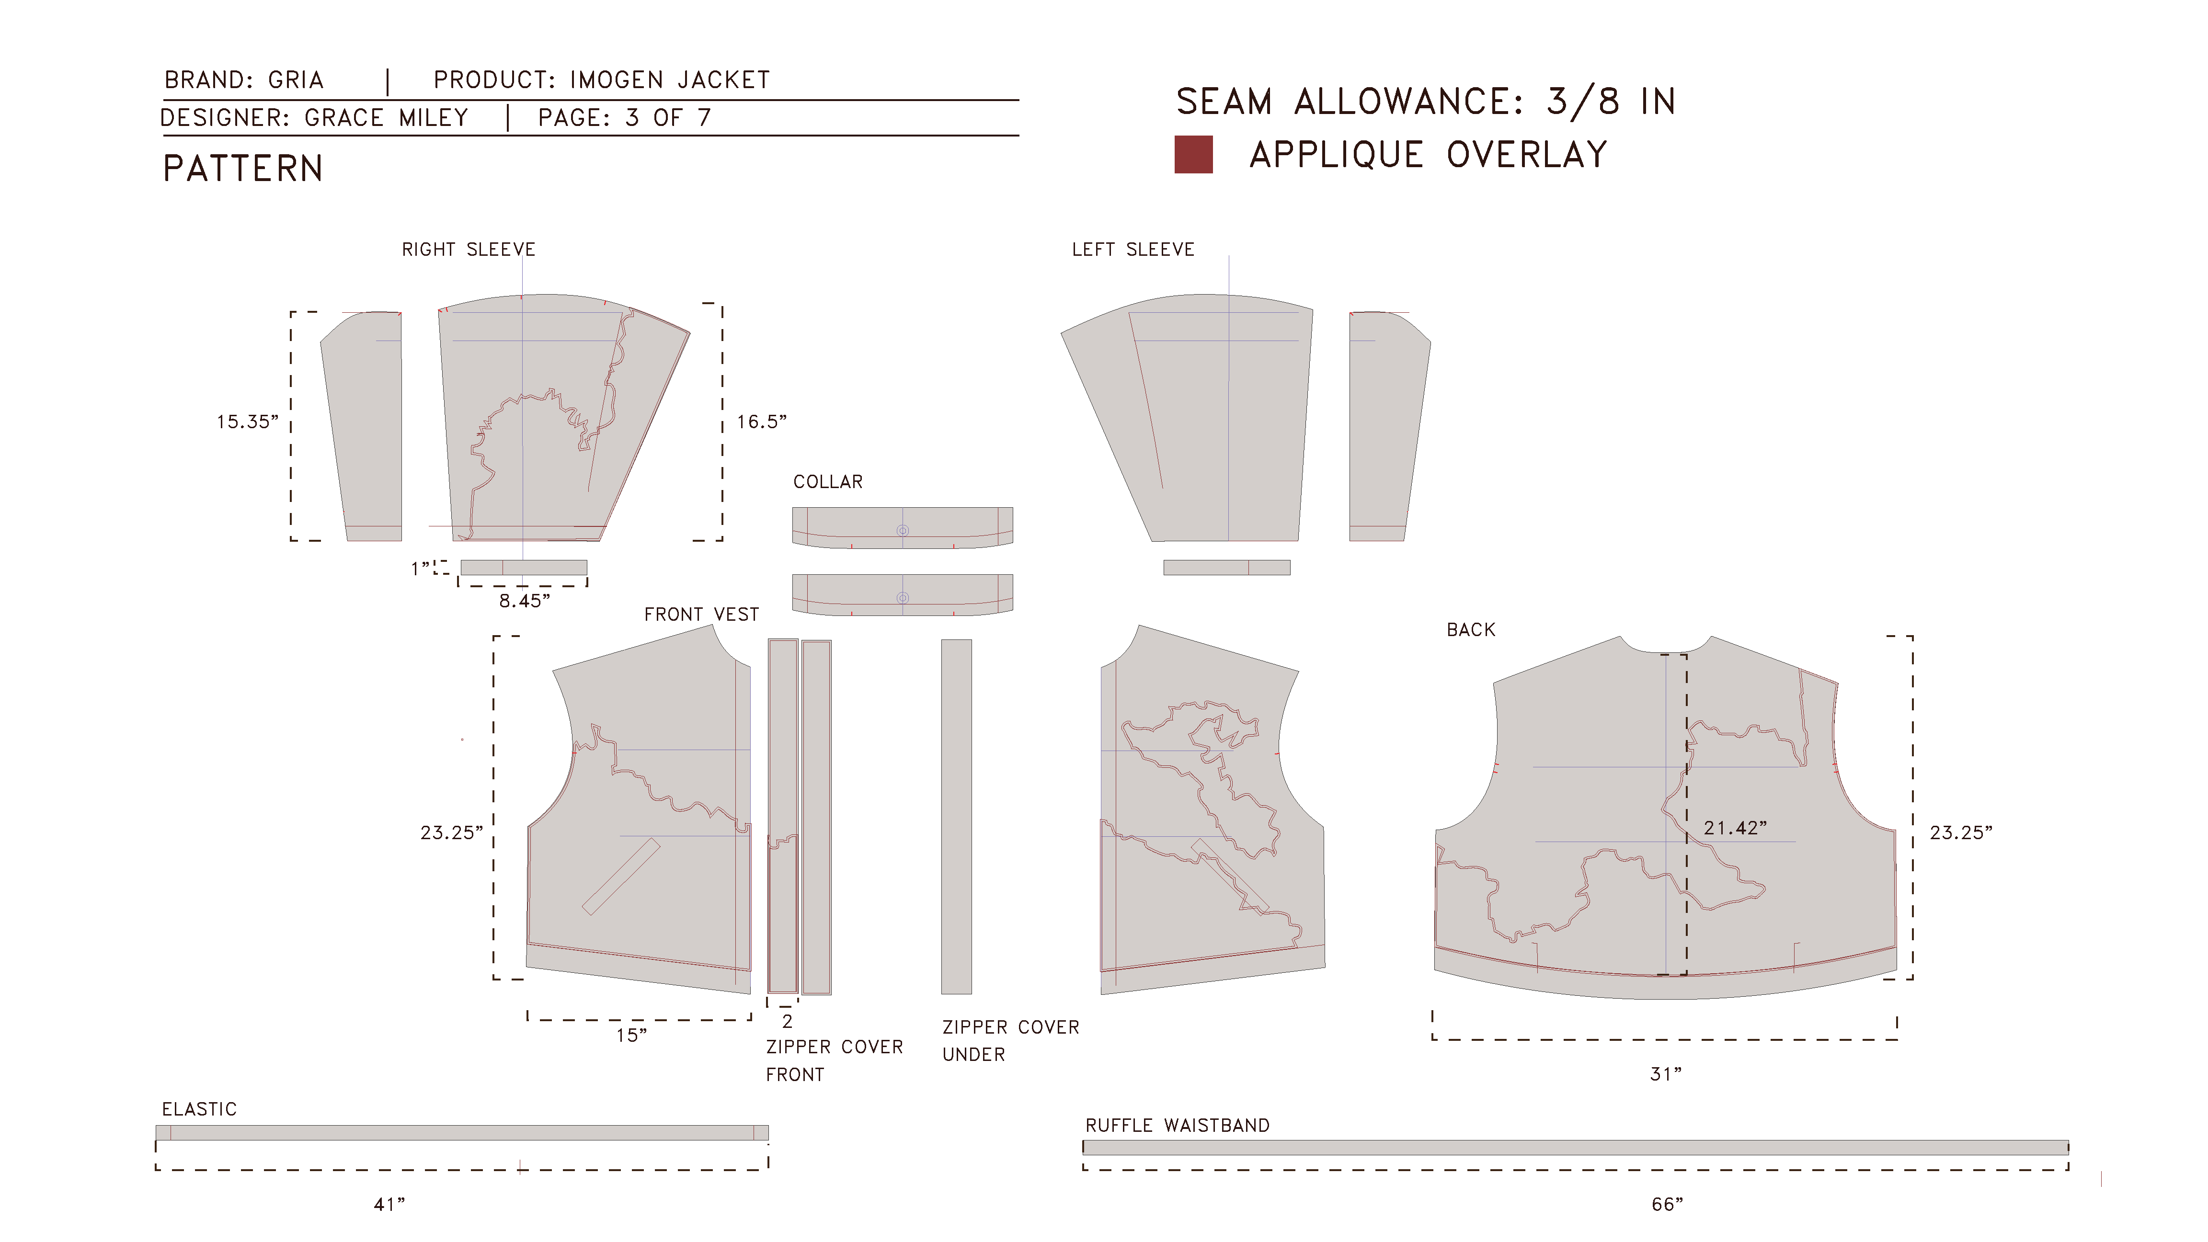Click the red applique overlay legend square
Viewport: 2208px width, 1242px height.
point(1193,154)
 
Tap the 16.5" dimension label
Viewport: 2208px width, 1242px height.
point(761,422)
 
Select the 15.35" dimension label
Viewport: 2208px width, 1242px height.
point(247,422)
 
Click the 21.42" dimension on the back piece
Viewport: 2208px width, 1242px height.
point(1735,828)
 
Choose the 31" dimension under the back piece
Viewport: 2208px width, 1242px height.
point(1665,1074)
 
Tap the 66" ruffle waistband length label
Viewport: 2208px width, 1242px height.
point(1667,1204)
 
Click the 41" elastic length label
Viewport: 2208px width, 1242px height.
point(389,1204)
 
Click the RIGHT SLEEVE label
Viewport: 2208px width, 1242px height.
point(469,250)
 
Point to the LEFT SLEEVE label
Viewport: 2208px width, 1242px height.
point(1133,250)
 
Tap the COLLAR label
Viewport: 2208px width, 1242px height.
point(828,482)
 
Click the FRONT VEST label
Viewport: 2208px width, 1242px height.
point(701,615)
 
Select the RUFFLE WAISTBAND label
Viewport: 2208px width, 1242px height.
point(1178,1126)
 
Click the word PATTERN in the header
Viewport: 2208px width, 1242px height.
point(243,169)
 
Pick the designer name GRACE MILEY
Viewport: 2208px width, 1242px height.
point(387,117)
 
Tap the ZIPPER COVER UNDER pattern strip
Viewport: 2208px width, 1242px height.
point(957,817)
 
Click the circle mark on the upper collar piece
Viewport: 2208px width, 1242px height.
point(903,531)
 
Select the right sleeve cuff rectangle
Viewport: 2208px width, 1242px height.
point(524,568)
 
